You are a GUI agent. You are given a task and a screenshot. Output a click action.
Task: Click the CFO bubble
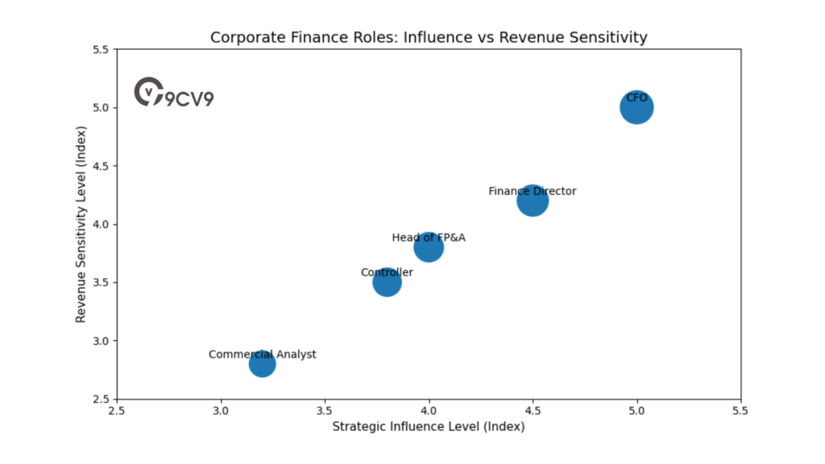(x=636, y=108)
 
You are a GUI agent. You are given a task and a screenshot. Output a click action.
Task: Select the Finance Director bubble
(x=533, y=201)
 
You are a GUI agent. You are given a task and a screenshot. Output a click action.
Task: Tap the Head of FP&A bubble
(x=429, y=247)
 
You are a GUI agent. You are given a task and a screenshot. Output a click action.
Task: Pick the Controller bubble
(x=387, y=282)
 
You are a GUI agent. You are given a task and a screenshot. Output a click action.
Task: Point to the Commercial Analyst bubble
(x=262, y=364)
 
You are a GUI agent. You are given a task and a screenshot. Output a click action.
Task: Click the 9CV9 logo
(x=174, y=93)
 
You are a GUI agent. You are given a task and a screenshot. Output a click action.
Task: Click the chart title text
(x=429, y=37)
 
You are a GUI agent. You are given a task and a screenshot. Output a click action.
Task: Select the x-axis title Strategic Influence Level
(x=429, y=426)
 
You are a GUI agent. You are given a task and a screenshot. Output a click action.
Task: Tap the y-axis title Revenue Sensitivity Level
(x=81, y=224)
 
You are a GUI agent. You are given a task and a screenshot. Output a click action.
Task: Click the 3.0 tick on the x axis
(x=221, y=411)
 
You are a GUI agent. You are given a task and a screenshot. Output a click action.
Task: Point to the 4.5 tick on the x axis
(x=533, y=411)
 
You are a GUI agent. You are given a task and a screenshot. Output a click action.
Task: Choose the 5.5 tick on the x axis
(x=740, y=411)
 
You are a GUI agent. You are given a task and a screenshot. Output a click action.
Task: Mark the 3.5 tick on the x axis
(x=325, y=411)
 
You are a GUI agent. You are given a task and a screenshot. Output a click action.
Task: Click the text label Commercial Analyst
(x=262, y=354)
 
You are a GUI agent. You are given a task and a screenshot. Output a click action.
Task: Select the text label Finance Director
(x=533, y=191)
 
